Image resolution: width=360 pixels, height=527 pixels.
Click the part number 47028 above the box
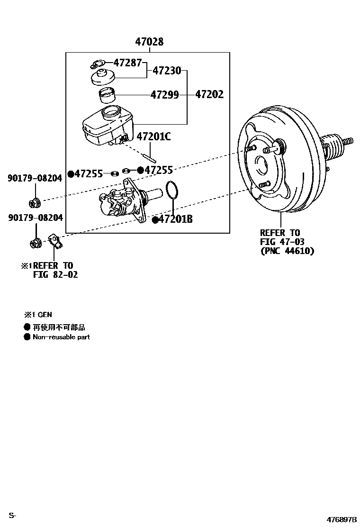(x=149, y=42)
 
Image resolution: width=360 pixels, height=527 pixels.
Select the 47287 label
(x=127, y=62)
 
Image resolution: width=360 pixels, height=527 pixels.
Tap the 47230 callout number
(x=167, y=71)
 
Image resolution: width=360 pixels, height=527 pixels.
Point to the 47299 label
(x=164, y=95)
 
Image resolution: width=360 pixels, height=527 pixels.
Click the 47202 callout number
(x=209, y=95)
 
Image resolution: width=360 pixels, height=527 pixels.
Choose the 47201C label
(x=153, y=137)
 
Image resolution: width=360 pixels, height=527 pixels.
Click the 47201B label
(x=175, y=219)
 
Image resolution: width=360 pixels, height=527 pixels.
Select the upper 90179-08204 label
(x=35, y=178)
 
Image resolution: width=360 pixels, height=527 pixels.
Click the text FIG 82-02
(x=55, y=274)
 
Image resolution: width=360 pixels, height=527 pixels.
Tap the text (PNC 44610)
(x=287, y=251)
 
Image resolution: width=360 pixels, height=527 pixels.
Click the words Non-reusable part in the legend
(x=61, y=337)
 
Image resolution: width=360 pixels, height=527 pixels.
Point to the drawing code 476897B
(x=341, y=519)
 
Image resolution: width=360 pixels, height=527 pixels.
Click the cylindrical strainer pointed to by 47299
(x=108, y=95)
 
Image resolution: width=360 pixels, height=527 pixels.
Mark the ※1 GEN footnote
(x=38, y=315)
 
